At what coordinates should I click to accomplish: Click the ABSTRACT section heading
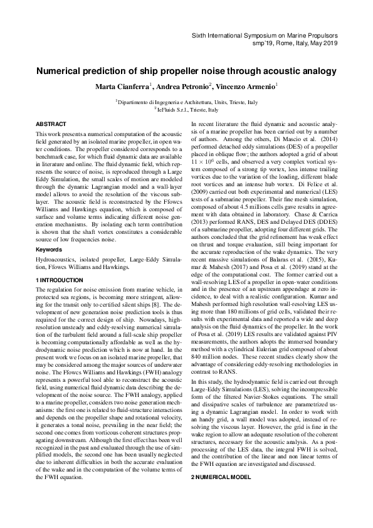(51, 125)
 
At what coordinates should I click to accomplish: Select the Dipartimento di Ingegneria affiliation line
(186, 102)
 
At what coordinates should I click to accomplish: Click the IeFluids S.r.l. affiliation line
(186, 108)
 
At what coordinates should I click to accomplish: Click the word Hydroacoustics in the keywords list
(57, 260)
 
